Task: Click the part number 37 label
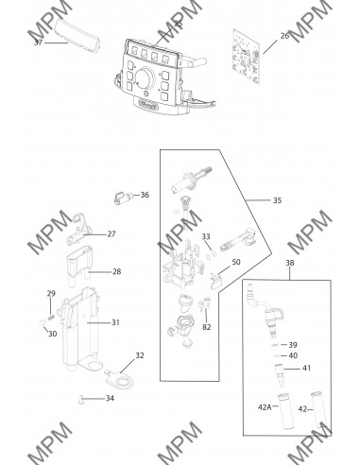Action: click(38, 43)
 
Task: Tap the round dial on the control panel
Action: click(145, 77)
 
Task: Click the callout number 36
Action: click(145, 195)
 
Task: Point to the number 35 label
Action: click(277, 200)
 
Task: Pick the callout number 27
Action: click(111, 233)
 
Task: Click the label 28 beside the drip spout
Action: click(117, 271)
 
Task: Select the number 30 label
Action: click(53, 334)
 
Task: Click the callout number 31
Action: click(115, 322)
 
